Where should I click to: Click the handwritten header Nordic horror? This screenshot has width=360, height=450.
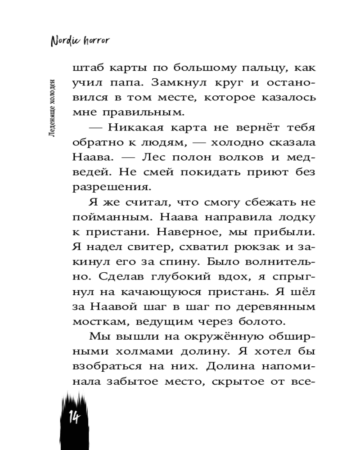coord(80,40)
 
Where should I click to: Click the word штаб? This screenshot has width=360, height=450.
coord(87,68)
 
